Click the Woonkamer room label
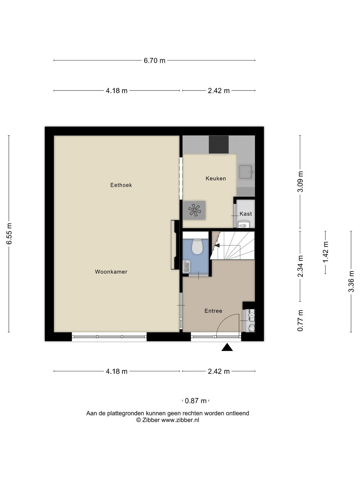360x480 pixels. click(111, 271)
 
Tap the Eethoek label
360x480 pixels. click(121, 185)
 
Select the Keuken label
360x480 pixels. click(216, 178)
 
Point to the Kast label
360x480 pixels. click(246, 214)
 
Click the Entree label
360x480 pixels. click(213, 311)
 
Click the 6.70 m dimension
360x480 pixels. click(154, 61)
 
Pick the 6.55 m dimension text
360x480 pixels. click(9, 234)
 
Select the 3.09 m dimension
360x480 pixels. click(300, 182)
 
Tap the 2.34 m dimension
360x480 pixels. click(300, 266)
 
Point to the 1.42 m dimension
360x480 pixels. click(326, 252)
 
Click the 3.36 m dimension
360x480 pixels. click(351, 281)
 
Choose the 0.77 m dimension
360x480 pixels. click(300, 321)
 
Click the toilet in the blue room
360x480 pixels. click(197, 247)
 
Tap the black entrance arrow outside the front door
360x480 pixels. click(227, 347)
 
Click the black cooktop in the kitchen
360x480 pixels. click(219, 145)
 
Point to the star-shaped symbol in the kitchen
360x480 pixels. click(194, 210)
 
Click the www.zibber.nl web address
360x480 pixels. click(180, 420)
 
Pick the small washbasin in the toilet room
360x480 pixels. click(186, 267)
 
